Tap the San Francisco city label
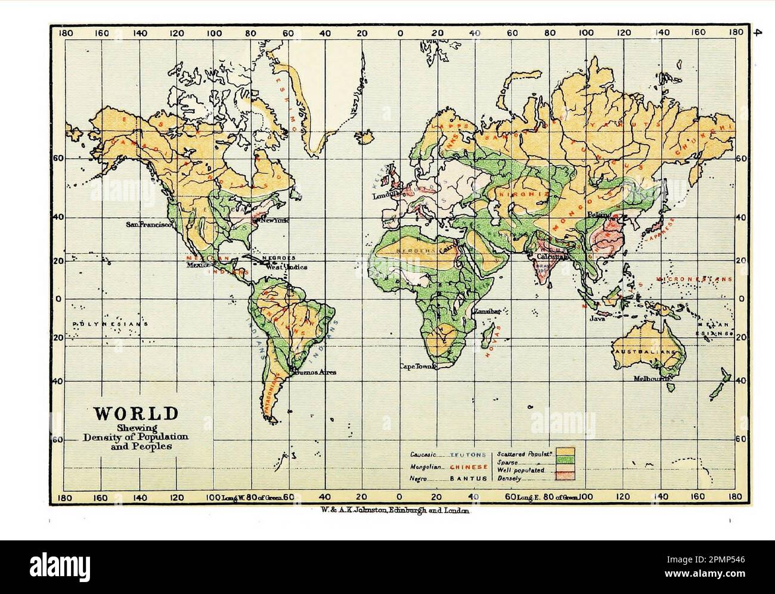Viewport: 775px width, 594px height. pos(149,225)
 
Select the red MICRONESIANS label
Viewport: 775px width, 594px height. pos(693,279)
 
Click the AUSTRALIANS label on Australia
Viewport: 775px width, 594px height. pos(649,352)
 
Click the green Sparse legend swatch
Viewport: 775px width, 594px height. pos(565,461)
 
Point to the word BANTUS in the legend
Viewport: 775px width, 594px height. pos(469,478)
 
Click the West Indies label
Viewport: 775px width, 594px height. pos(286,267)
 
